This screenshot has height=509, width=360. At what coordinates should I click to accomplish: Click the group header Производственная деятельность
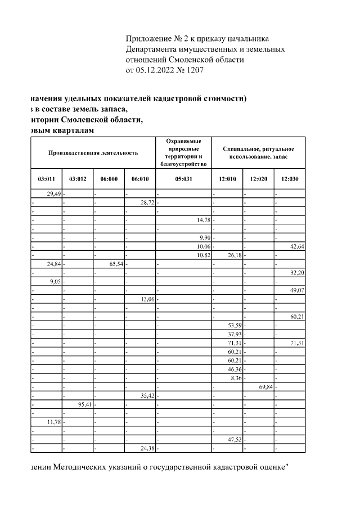93,152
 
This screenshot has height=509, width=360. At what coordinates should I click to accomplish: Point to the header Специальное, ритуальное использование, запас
258,152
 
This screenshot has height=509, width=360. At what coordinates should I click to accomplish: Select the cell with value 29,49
53,193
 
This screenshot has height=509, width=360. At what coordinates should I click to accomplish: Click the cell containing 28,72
147,202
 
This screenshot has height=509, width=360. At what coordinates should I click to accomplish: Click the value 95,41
85,404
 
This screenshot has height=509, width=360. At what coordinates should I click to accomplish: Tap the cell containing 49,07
296,290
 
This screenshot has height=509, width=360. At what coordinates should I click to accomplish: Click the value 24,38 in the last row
147,448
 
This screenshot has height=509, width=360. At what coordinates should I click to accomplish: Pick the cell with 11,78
53,422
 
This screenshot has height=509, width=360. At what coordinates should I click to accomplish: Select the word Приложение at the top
148,38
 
